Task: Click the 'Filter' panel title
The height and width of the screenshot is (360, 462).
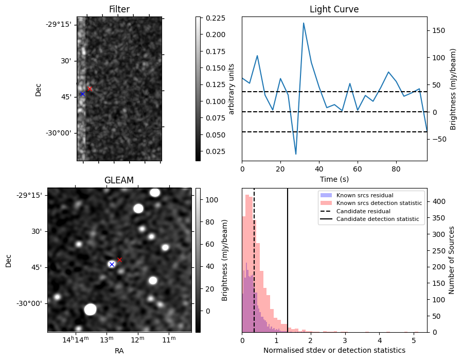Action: [119, 9]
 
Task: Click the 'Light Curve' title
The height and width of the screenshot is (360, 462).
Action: [334, 9]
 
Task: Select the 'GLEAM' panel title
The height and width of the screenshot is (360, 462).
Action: [119, 180]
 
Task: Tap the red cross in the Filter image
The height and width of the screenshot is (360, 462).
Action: [90, 89]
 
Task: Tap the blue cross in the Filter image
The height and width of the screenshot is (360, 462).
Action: [82, 94]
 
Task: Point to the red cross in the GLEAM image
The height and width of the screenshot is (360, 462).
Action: [119, 260]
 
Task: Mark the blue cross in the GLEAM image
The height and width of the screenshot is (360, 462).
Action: [112, 264]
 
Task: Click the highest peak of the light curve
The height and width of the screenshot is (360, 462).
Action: [304, 23]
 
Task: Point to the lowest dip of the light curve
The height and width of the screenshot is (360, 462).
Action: [296, 154]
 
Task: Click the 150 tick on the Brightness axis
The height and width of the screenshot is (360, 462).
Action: [437, 30]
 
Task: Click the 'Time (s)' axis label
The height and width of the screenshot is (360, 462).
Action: [334, 178]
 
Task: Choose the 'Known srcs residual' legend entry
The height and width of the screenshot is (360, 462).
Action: [364, 196]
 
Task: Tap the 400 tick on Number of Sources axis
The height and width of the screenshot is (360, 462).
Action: [437, 202]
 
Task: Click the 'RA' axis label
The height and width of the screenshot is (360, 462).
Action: [119, 351]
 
